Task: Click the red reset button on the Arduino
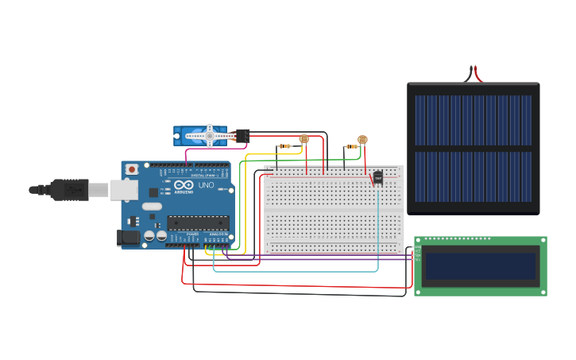[x=132, y=169]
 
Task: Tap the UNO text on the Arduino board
[x=205, y=185]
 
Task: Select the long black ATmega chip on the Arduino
[x=198, y=223]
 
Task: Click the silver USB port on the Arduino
[x=123, y=189]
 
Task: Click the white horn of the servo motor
[x=211, y=136]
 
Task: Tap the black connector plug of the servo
[x=242, y=136]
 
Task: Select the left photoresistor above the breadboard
[x=303, y=139]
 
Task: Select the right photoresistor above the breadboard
[x=362, y=140]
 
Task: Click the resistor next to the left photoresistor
[x=284, y=146]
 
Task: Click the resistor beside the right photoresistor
[x=351, y=146]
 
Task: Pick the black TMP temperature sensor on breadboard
[x=377, y=176]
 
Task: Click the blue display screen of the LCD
[x=480, y=266]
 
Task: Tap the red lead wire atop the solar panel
[x=477, y=74]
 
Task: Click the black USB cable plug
[x=68, y=190]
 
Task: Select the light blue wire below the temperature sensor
[x=378, y=223]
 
